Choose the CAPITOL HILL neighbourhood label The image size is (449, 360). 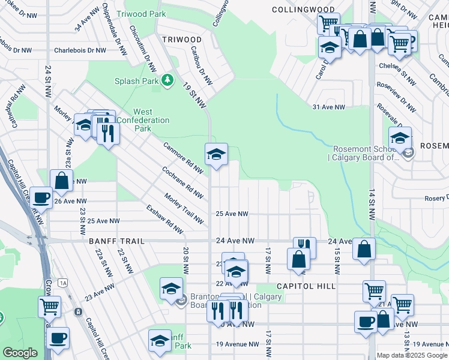(x=306, y=286)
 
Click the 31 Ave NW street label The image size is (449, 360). (x=328, y=107)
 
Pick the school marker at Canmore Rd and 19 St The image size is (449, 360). (x=216, y=154)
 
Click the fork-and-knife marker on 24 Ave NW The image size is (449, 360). (x=304, y=245)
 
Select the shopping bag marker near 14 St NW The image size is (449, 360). (x=364, y=248)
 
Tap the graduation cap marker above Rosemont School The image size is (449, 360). (x=400, y=138)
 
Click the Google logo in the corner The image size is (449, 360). (x=19, y=353)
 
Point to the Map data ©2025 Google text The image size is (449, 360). (x=412, y=355)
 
